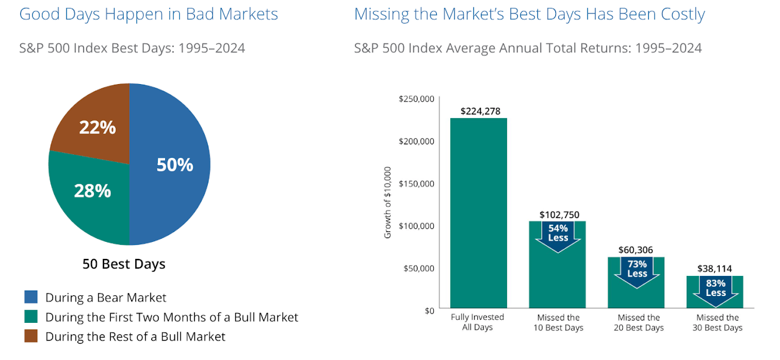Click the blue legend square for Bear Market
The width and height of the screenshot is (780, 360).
coord(30,297)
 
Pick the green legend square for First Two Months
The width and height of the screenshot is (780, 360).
coord(30,317)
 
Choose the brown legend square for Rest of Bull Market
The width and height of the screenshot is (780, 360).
coord(30,336)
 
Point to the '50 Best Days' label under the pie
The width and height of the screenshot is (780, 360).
coord(124,264)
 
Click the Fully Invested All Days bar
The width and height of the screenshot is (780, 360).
coord(478,213)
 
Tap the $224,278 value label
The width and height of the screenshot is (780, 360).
coord(478,111)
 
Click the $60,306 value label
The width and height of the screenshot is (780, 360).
coord(637,250)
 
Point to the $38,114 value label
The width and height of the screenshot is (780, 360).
coord(715,269)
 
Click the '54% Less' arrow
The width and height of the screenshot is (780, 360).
coord(558,234)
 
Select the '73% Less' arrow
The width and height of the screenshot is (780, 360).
coord(637,269)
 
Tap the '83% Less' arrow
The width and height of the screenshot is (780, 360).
coord(715,289)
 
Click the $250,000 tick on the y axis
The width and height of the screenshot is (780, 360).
coord(416,99)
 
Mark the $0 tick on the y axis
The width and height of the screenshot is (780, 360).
coord(428,310)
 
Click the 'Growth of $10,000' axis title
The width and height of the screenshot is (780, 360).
coord(388,202)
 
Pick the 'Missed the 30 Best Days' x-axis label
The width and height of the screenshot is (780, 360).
coord(717,322)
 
